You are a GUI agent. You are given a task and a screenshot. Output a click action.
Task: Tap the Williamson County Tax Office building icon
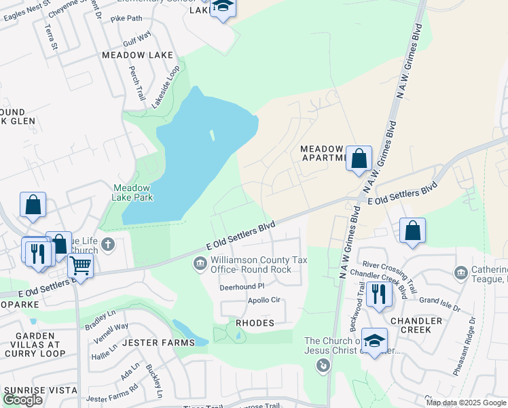click(x=200, y=264)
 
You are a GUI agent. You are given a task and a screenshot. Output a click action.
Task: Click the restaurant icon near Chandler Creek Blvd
click(x=378, y=294)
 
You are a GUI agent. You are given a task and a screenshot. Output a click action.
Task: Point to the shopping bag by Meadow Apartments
click(x=359, y=159)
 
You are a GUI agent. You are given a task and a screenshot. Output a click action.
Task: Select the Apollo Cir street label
click(x=264, y=300)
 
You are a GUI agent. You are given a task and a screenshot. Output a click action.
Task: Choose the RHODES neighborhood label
click(x=255, y=323)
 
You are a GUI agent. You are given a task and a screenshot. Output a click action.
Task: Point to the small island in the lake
click(x=212, y=135)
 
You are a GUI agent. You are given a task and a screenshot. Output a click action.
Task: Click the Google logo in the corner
click(x=23, y=400)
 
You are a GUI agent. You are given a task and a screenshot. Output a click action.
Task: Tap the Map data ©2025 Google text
click(x=466, y=403)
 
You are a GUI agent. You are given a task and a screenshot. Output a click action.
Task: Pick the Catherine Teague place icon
click(x=461, y=273)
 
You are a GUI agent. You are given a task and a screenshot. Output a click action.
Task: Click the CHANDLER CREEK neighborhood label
click(x=416, y=325)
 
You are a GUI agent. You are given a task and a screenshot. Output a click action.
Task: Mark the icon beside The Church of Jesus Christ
click(x=323, y=367)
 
